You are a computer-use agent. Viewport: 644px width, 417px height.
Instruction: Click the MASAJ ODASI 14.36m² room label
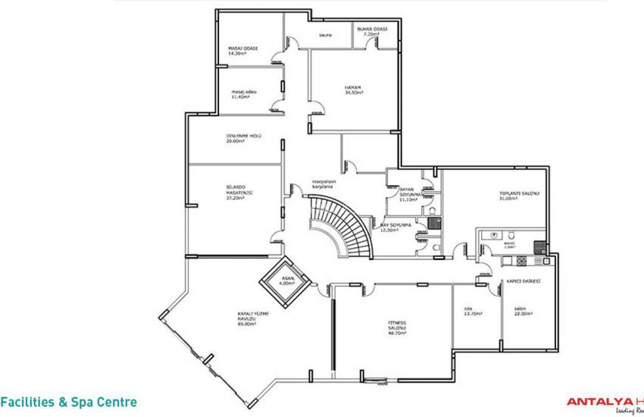pos(243,51)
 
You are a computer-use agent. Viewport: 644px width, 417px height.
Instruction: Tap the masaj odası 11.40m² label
pos(244,93)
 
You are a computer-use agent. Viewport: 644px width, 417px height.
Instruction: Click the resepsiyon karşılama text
pos(329,184)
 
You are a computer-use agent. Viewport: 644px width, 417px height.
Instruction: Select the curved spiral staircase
pos(339,224)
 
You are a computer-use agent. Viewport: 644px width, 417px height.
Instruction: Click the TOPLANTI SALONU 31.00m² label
pos(517,196)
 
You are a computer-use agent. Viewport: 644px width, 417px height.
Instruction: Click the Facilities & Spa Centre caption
pos(69,402)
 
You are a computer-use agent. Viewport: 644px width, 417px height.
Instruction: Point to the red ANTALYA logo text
pos(600,402)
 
